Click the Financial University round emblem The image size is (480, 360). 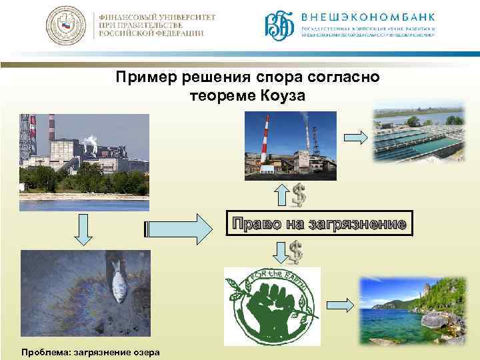tap(65, 27)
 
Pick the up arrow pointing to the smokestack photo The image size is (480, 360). tap(281, 195)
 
